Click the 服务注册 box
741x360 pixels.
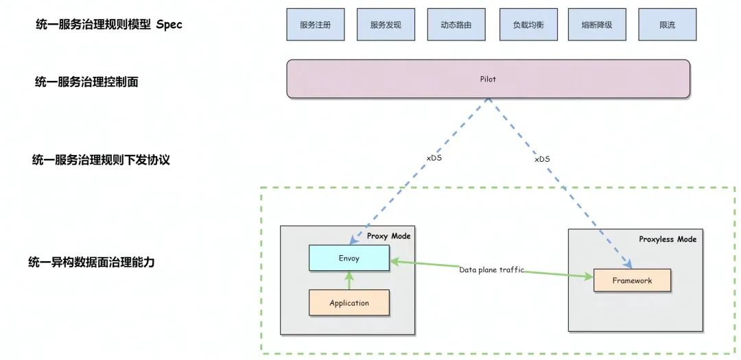tap(316, 25)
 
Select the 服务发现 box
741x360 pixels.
tap(386, 25)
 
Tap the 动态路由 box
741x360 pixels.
tap(456, 25)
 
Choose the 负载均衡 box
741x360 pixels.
tap(528, 25)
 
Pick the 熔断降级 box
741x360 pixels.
tap(596, 25)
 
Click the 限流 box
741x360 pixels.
tap(667, 25)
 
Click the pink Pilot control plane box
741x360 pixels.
tap(488, 79)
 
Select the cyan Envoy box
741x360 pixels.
tap(349, 259)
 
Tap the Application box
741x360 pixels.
tap(349, 302)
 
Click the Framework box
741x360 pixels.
tap(632, 280)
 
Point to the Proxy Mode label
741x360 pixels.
tap(388, 236)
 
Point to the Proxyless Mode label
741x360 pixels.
tap(668, 239)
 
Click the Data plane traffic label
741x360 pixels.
tap(491, 270)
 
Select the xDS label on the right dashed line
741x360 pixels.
tap(542, 159)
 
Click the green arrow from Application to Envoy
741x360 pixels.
tap(349, 280)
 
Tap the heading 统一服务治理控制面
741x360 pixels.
tap(87, 82)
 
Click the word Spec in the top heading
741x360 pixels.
tap(169, 25)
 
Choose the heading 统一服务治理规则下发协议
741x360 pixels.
tap(101, 160)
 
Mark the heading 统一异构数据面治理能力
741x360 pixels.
tap(91, 261)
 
